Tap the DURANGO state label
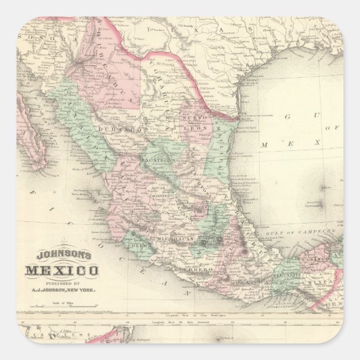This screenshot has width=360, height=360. coord(118,130)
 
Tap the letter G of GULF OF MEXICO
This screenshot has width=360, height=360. coord(288,117)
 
